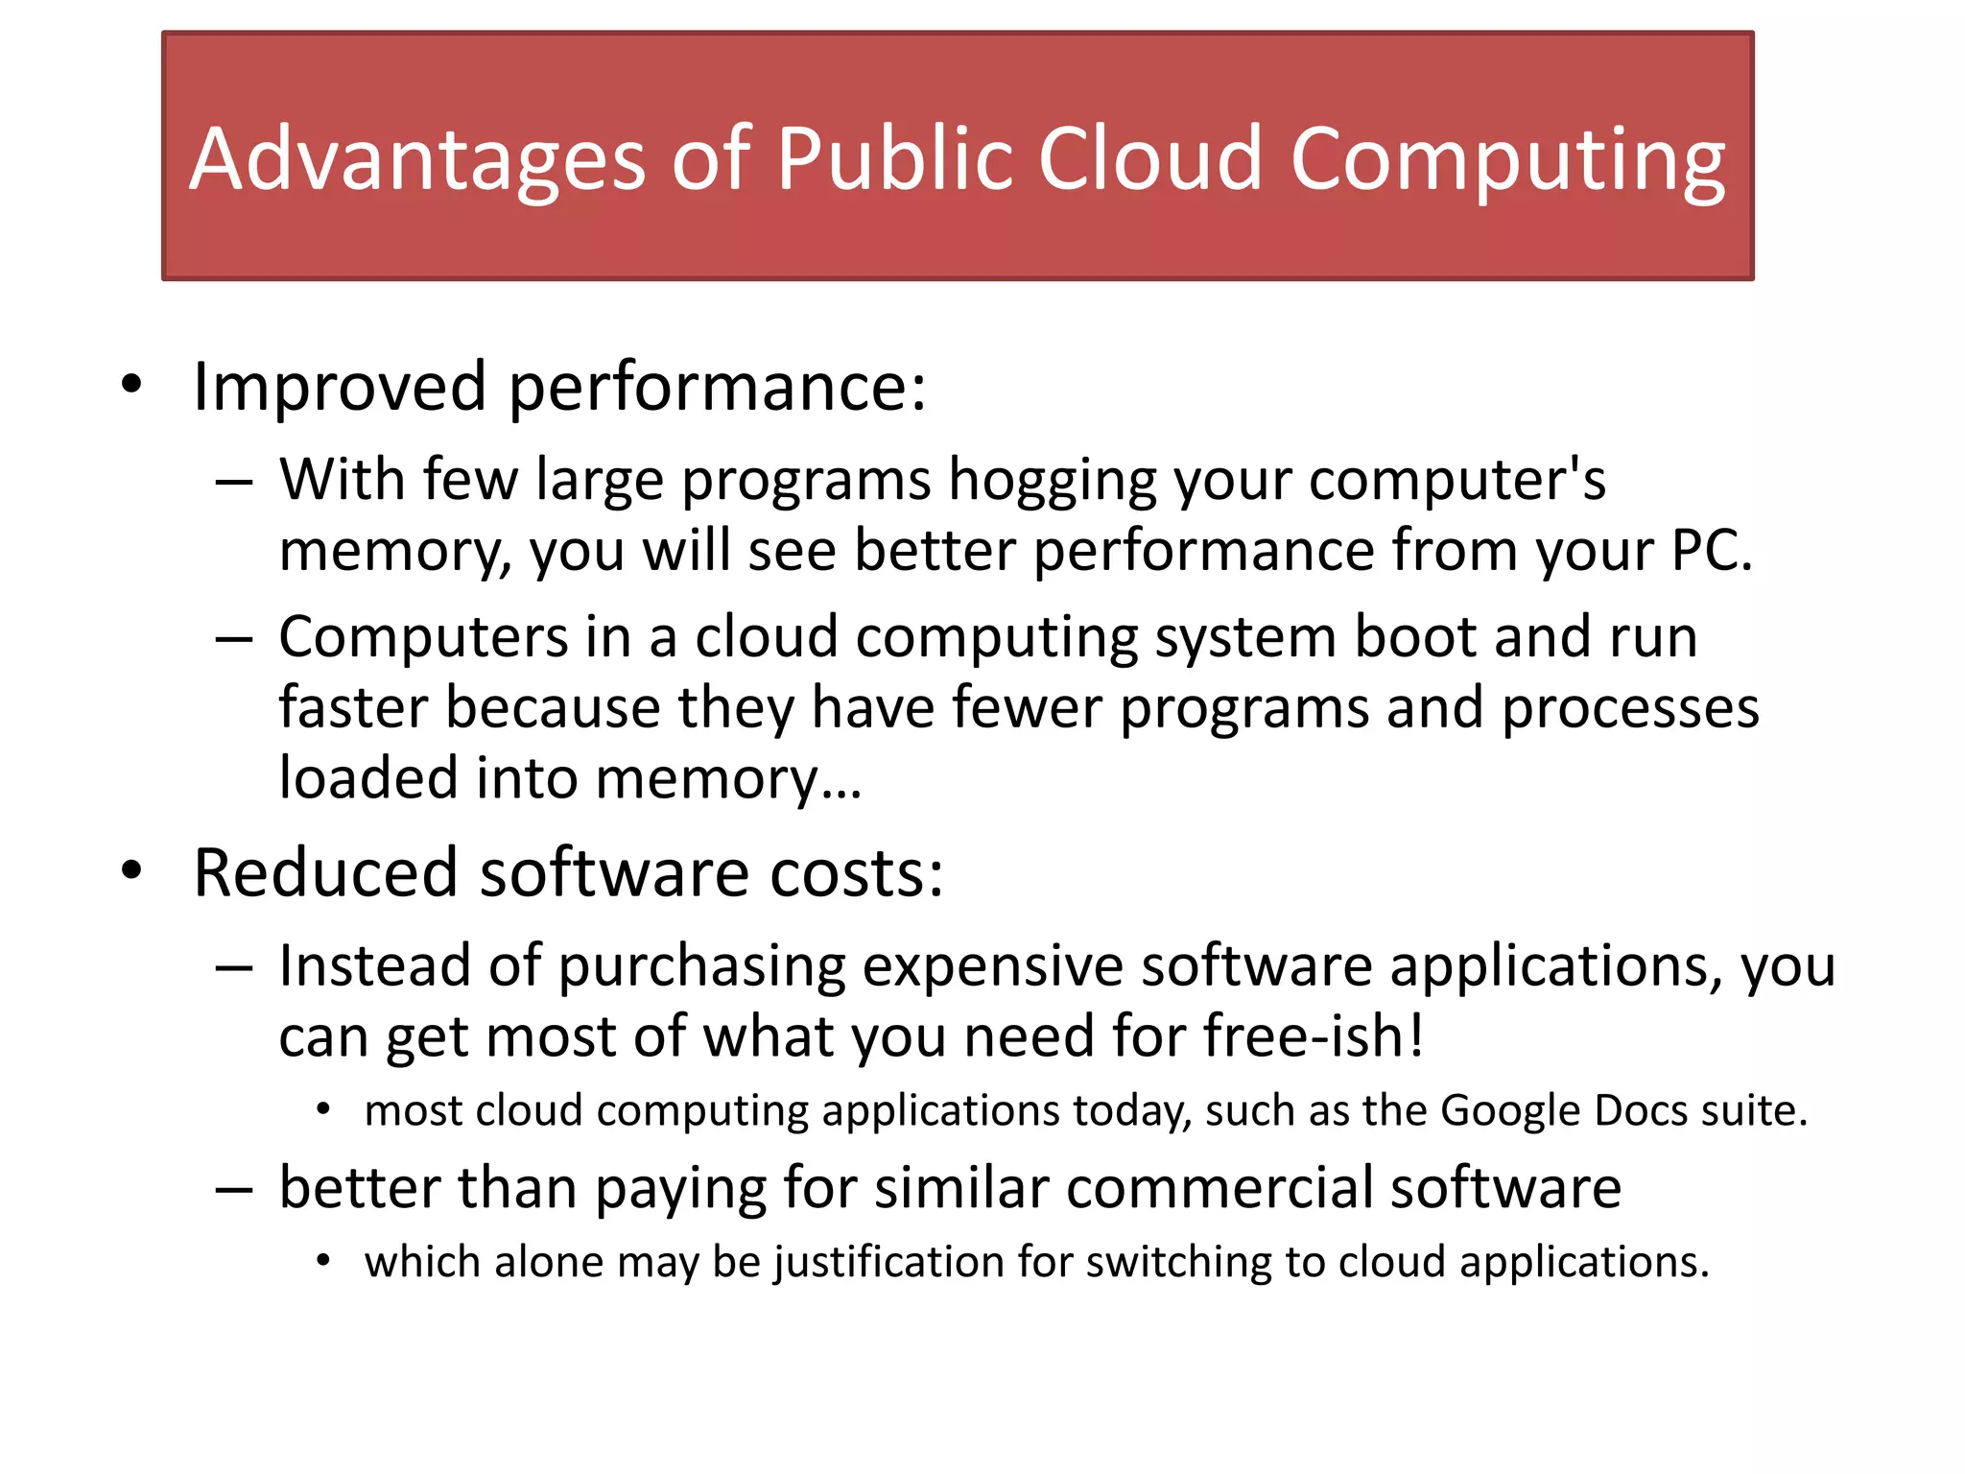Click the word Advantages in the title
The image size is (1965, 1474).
point(417,159)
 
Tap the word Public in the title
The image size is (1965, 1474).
point(893,159)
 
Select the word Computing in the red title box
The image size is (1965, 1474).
point(1507,159)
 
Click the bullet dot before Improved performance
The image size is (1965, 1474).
point(131,386)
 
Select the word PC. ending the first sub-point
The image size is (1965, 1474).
point(1712,551)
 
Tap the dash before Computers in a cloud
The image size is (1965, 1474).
point(234,638)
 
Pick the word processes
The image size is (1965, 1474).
point(1630,708)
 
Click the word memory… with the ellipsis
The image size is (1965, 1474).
point(728,779)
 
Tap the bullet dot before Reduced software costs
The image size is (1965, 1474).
point(131,871)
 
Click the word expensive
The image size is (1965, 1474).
point(992,965)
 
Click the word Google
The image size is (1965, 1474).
point(1510,1111)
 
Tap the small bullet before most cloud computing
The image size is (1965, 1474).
point(323,1110)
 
